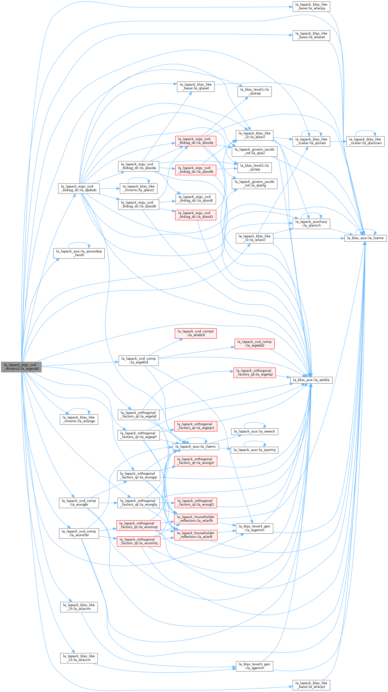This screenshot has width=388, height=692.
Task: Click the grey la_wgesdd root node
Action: (21, 367)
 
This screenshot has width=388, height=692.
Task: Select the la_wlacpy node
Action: (311, 7)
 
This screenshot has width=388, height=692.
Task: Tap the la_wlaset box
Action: (311, 36)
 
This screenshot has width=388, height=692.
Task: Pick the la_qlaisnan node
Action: (366, 141)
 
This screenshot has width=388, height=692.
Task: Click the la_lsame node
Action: (366, 238)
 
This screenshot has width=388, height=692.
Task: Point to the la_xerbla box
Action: (311, 380)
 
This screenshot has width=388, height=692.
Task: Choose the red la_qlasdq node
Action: (196, 141)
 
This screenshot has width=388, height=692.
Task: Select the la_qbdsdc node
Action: (79, 188)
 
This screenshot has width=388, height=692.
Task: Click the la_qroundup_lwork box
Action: (79, 253)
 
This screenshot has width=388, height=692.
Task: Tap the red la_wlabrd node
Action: (196, 333)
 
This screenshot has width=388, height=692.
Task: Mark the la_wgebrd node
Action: (139, 361)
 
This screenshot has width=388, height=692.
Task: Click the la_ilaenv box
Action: (196, 446)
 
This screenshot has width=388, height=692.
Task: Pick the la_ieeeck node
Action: (255, 431)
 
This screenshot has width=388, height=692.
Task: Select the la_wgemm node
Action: (255, 528)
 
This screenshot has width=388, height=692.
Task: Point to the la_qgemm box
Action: (255, 666)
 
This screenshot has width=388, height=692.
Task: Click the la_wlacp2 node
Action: (311, 685)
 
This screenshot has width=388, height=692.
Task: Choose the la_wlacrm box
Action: (79, 607)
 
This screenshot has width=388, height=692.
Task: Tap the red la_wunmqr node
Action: (139, 525)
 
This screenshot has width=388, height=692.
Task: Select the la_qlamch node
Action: (311, 223)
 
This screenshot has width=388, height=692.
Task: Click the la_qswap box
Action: (255, 92)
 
